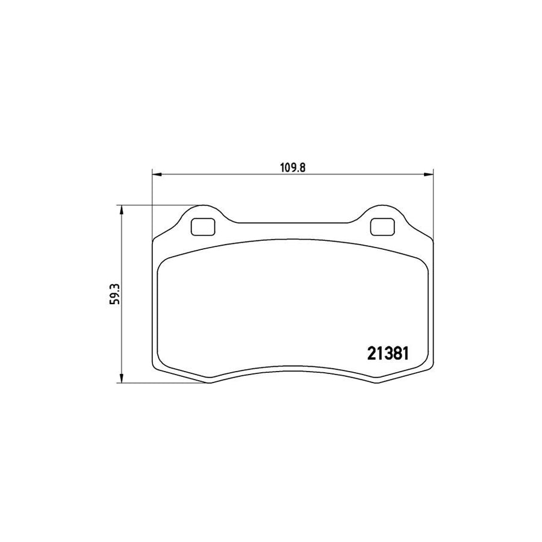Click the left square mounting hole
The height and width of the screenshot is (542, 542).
pyautogui.click(x=202, y=226)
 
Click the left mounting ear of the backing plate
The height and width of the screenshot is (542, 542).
pyautogui.click(x=202, y=218)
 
